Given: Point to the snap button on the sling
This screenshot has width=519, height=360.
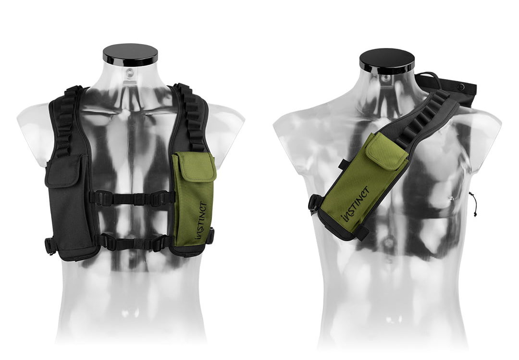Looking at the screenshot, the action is (x=460, y=87).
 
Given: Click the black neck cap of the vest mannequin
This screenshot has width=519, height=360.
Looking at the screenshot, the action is (x=130, y=55).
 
